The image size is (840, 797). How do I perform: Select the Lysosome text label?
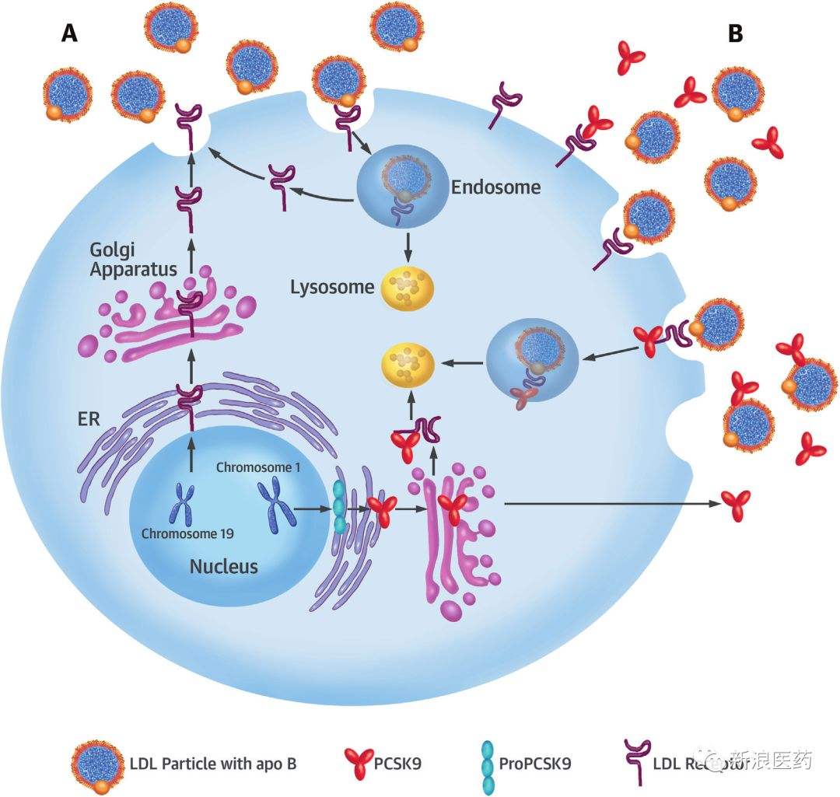click(x=332, y=287)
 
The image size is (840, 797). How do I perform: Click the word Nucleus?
click(x=223, y=566)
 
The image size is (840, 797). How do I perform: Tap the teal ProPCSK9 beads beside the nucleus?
click(x=340, y=506)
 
